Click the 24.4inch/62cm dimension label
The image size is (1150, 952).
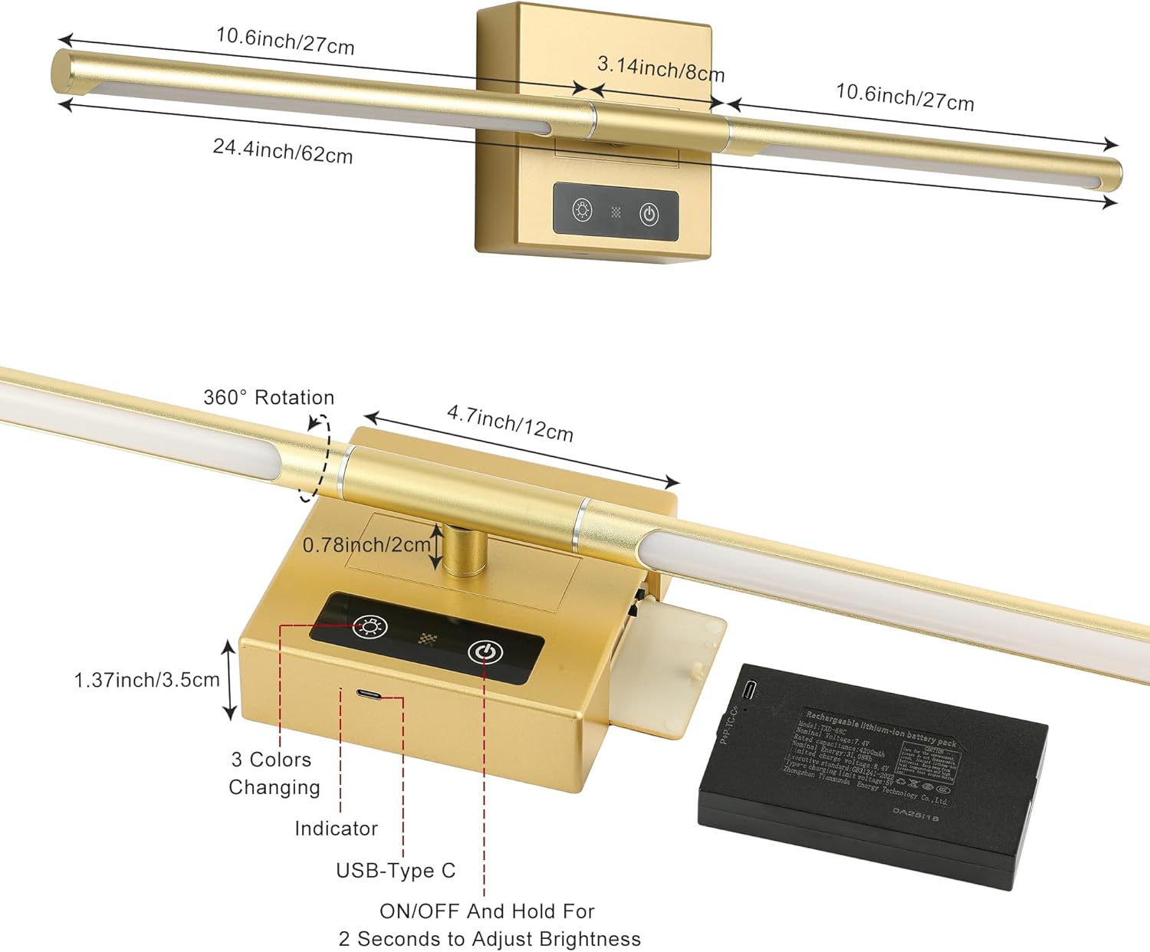click(283, 150)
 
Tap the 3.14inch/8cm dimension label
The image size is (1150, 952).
click(661, 69)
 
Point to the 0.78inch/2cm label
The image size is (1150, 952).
click(366, 545)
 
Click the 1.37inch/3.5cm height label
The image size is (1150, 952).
click(146, 680)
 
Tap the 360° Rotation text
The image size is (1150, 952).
click(269, 397)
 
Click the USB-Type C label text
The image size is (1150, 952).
click(396, 871)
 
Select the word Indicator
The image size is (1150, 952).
click(336, 828)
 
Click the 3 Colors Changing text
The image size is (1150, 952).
click(274, 773)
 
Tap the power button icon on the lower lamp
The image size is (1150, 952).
click(485, 652)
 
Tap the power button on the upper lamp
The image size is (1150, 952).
click(649, 214)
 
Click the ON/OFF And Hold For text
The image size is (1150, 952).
click(487, 911)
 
